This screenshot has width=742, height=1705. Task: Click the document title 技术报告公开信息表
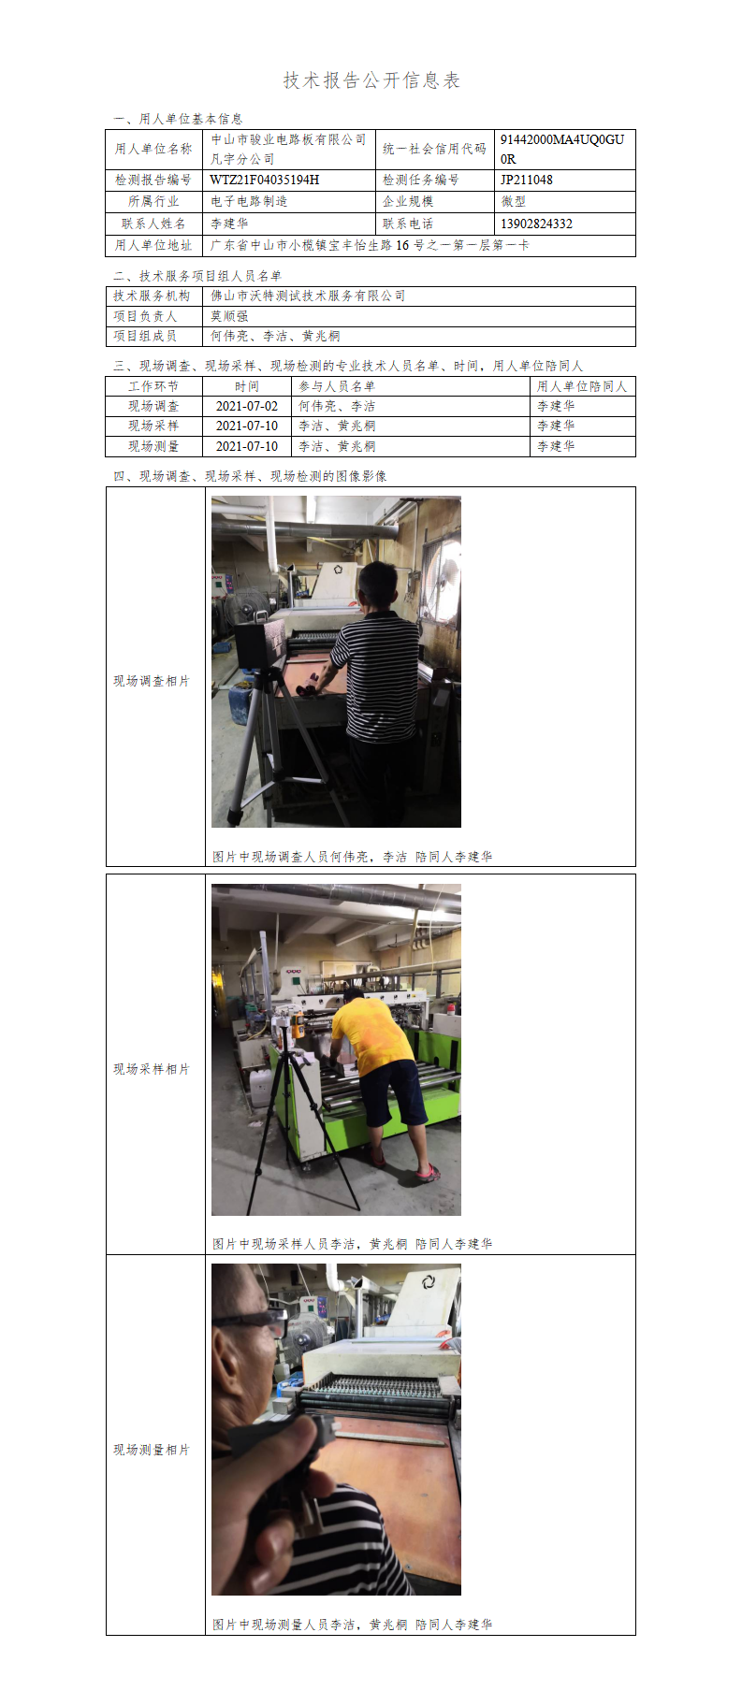[371, 80]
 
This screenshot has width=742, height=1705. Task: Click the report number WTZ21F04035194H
[265, 180]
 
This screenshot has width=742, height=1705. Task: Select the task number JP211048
[527, 180]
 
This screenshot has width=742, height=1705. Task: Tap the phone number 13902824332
[536, 224]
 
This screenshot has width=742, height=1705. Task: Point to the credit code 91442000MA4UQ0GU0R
[562, 149]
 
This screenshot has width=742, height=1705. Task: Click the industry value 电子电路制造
[249, 201]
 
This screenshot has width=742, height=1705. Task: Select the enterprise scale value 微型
[514, 201]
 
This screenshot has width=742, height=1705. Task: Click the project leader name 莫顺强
[229, 316]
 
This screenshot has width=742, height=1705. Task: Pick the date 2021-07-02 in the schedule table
[247, 406]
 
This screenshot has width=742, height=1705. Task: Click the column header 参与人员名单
[337, 386]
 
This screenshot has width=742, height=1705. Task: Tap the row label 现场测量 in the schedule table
[153, 446]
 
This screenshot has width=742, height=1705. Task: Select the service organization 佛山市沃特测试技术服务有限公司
[308, 296]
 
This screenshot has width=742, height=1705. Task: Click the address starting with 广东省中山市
[370, 245]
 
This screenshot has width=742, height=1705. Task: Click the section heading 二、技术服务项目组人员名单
[197, 276]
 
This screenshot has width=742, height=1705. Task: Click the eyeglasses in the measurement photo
[250, 1322]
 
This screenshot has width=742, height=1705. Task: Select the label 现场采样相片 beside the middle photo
[152, 1069]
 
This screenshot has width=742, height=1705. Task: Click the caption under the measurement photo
[352, 1625]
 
